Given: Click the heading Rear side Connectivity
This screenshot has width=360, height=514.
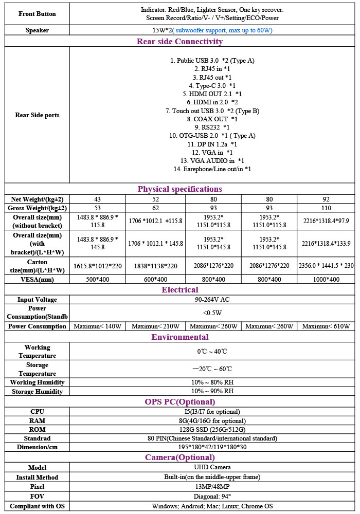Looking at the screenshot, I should [179, 42].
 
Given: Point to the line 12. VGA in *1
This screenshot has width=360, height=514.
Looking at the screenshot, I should [212, 153].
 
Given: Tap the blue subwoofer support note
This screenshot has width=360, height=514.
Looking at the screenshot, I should [222, 30].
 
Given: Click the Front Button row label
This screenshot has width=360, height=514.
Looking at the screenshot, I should [37, 13].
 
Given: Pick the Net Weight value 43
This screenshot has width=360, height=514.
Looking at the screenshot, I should [98, 199].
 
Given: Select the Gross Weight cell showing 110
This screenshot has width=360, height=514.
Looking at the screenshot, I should [326, 208].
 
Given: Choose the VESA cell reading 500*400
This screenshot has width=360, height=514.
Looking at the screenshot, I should [98, 280].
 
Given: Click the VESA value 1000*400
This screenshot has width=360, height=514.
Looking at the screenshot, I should [326, 280].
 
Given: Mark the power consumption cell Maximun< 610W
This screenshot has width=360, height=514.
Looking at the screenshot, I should [326, 326].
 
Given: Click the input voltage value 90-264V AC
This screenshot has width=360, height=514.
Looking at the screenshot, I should [212, 300].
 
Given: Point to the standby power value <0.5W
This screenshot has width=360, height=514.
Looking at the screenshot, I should [212, 313].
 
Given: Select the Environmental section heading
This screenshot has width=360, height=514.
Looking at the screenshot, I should [179, 337].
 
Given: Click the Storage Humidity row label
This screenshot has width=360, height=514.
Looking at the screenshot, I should [37, 392].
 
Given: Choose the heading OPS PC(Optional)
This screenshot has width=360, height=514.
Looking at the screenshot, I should [179, 401].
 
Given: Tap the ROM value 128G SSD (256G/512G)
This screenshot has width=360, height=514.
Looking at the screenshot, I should [212, 430].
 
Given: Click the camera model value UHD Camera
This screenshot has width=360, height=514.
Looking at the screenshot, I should [212, 468].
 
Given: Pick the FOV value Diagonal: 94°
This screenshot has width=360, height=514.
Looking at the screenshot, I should [212, 497].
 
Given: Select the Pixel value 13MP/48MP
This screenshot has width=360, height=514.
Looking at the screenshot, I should [212, 487].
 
